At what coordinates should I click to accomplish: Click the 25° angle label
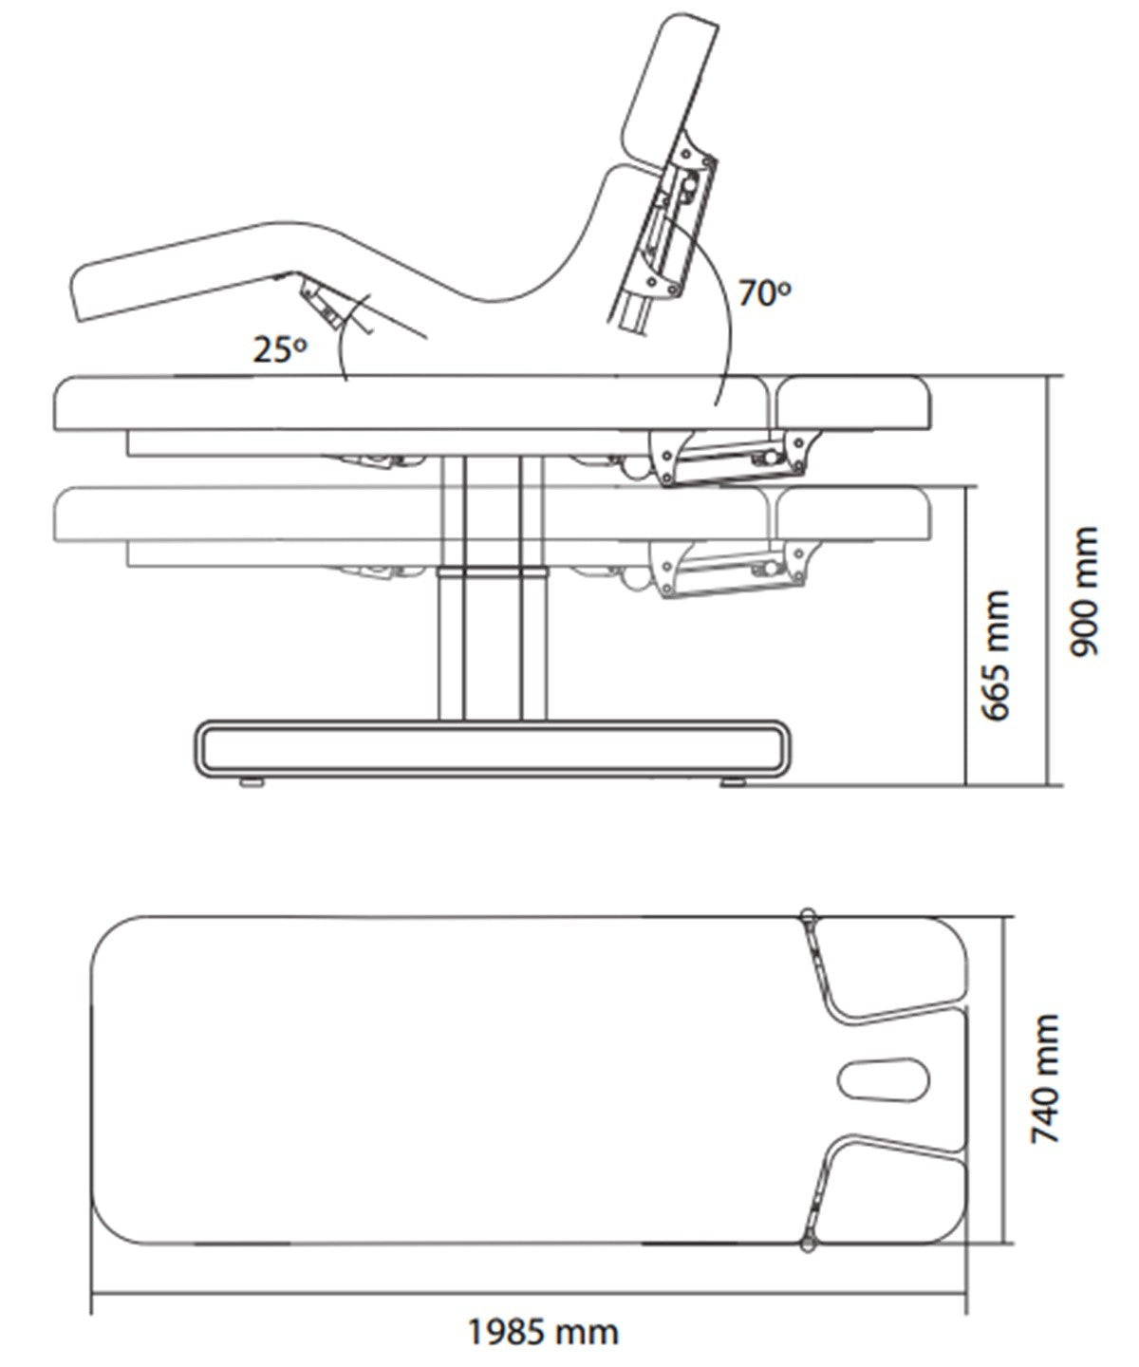[280, 349]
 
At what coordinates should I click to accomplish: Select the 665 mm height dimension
[996, 655]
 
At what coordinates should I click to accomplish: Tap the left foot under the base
[252, 781]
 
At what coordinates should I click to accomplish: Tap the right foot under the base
[733, 781]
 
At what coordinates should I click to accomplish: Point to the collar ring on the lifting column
[493, 571]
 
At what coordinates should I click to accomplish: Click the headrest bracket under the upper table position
[735, 457]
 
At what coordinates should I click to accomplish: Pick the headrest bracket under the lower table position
[735, 570]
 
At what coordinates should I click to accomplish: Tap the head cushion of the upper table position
[853, 403]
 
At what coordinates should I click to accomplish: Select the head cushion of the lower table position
[853, 515]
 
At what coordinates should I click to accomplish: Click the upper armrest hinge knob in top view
[808, 914]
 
